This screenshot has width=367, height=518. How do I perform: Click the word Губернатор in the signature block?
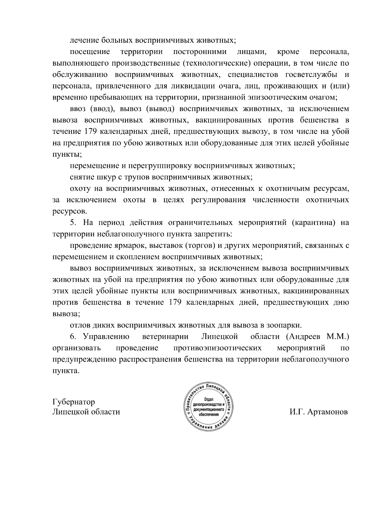click(x=73, y=402)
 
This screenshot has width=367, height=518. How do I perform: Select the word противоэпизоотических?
click(x=217, y=348)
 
